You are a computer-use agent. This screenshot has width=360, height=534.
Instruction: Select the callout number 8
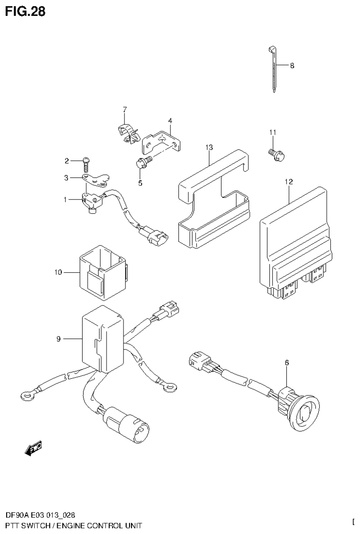coord(291,66)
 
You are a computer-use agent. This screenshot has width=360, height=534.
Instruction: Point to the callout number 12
coord(288,182)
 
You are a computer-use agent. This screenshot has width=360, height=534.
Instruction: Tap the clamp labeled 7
coord(125,132)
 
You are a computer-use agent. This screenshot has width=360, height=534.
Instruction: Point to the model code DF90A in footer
coord(17,515)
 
